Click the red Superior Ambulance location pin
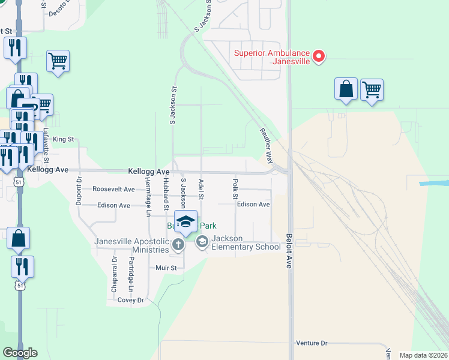[319, 56]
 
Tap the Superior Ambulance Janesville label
[273, 56]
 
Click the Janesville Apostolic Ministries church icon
[178, 244]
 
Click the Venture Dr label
[312, 343]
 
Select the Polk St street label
[235, 188]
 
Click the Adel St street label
[201, 188]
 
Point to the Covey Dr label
[131, 300]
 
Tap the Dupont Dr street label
[79, 191]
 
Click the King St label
[63, 139]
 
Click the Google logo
[20, 353]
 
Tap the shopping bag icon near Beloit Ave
[346, 89]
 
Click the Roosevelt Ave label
[113, 188]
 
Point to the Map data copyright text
[423, 355]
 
